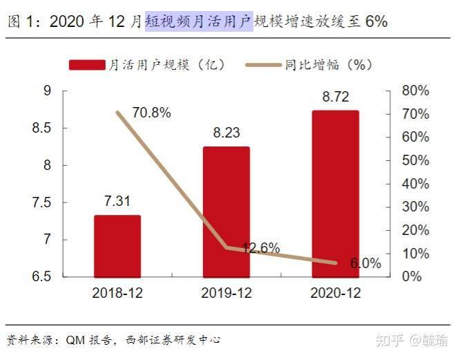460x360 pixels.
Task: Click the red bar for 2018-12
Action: click(117, 246)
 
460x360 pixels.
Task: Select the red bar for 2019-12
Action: click(226, 211)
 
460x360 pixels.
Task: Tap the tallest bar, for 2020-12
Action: click(335, 193)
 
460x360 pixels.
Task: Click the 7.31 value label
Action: click(117, 201)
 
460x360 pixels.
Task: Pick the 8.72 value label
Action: click(335, 97)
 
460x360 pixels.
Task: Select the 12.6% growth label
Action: click(260, 247)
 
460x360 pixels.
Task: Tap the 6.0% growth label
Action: click(365, 263)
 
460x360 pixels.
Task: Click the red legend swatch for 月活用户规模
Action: click(86, 65)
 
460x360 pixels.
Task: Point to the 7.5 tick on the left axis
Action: click(43, 202)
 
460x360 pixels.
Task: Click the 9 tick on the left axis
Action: click(48, 91)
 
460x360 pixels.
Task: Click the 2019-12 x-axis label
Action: click(226, 293)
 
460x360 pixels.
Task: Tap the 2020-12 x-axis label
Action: click(335, 293)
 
